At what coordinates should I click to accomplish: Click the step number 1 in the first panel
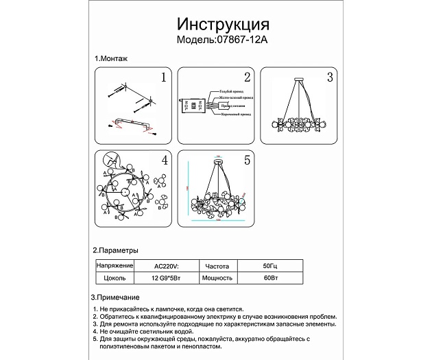pyautogui.click(x=163, y=77)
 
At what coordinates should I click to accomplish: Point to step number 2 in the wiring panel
pyautogui.click(x=247, y=77)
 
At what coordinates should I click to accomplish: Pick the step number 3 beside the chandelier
pyautogui.click(x=330, y=77)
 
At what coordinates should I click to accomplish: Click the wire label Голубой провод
pyautogui.click(x=232, y=91)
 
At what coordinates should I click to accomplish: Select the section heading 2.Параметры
pyautogui.click(x=116, y=251)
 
